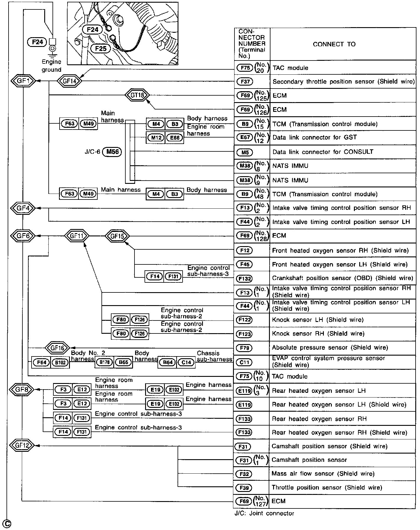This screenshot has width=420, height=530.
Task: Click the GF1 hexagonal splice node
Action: pyautogui.click(x=23, y=81)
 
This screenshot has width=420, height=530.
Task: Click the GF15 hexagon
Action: pyautogui.click(x=117, y=236)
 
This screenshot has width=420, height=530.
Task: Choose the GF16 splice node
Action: pyautogui.click(x=57, y=348)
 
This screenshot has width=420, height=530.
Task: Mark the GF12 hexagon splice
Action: pyautogui.click(x=22, y=445)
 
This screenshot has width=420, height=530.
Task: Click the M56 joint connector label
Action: pyautogui.click(x=112, y=152)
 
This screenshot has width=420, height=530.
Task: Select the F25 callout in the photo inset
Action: pyautogui.click(x=101, y=48)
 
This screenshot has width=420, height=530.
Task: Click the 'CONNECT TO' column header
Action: pyautogui.click(x=334, y=44)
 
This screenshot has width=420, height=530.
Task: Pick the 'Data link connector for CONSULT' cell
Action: pyautogui.click(x=323, y=152)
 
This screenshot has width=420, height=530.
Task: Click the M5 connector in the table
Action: pyautogui.click(x=245, y=152)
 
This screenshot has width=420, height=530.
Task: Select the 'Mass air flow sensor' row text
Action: pyautogui.click(x=323, y=474)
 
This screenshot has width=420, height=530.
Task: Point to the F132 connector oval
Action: pyautogui.click(x=244, y=278)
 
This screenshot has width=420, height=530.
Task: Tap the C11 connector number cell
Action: pyautogui.click(x=244, y=362)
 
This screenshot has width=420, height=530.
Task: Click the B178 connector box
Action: pyautogui.click(x=104, y=362)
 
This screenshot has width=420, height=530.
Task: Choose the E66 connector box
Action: pyautogui.click(x=175, y=138)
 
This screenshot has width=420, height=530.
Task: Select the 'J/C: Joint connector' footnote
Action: pyautogui.click(x=264, y=513)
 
